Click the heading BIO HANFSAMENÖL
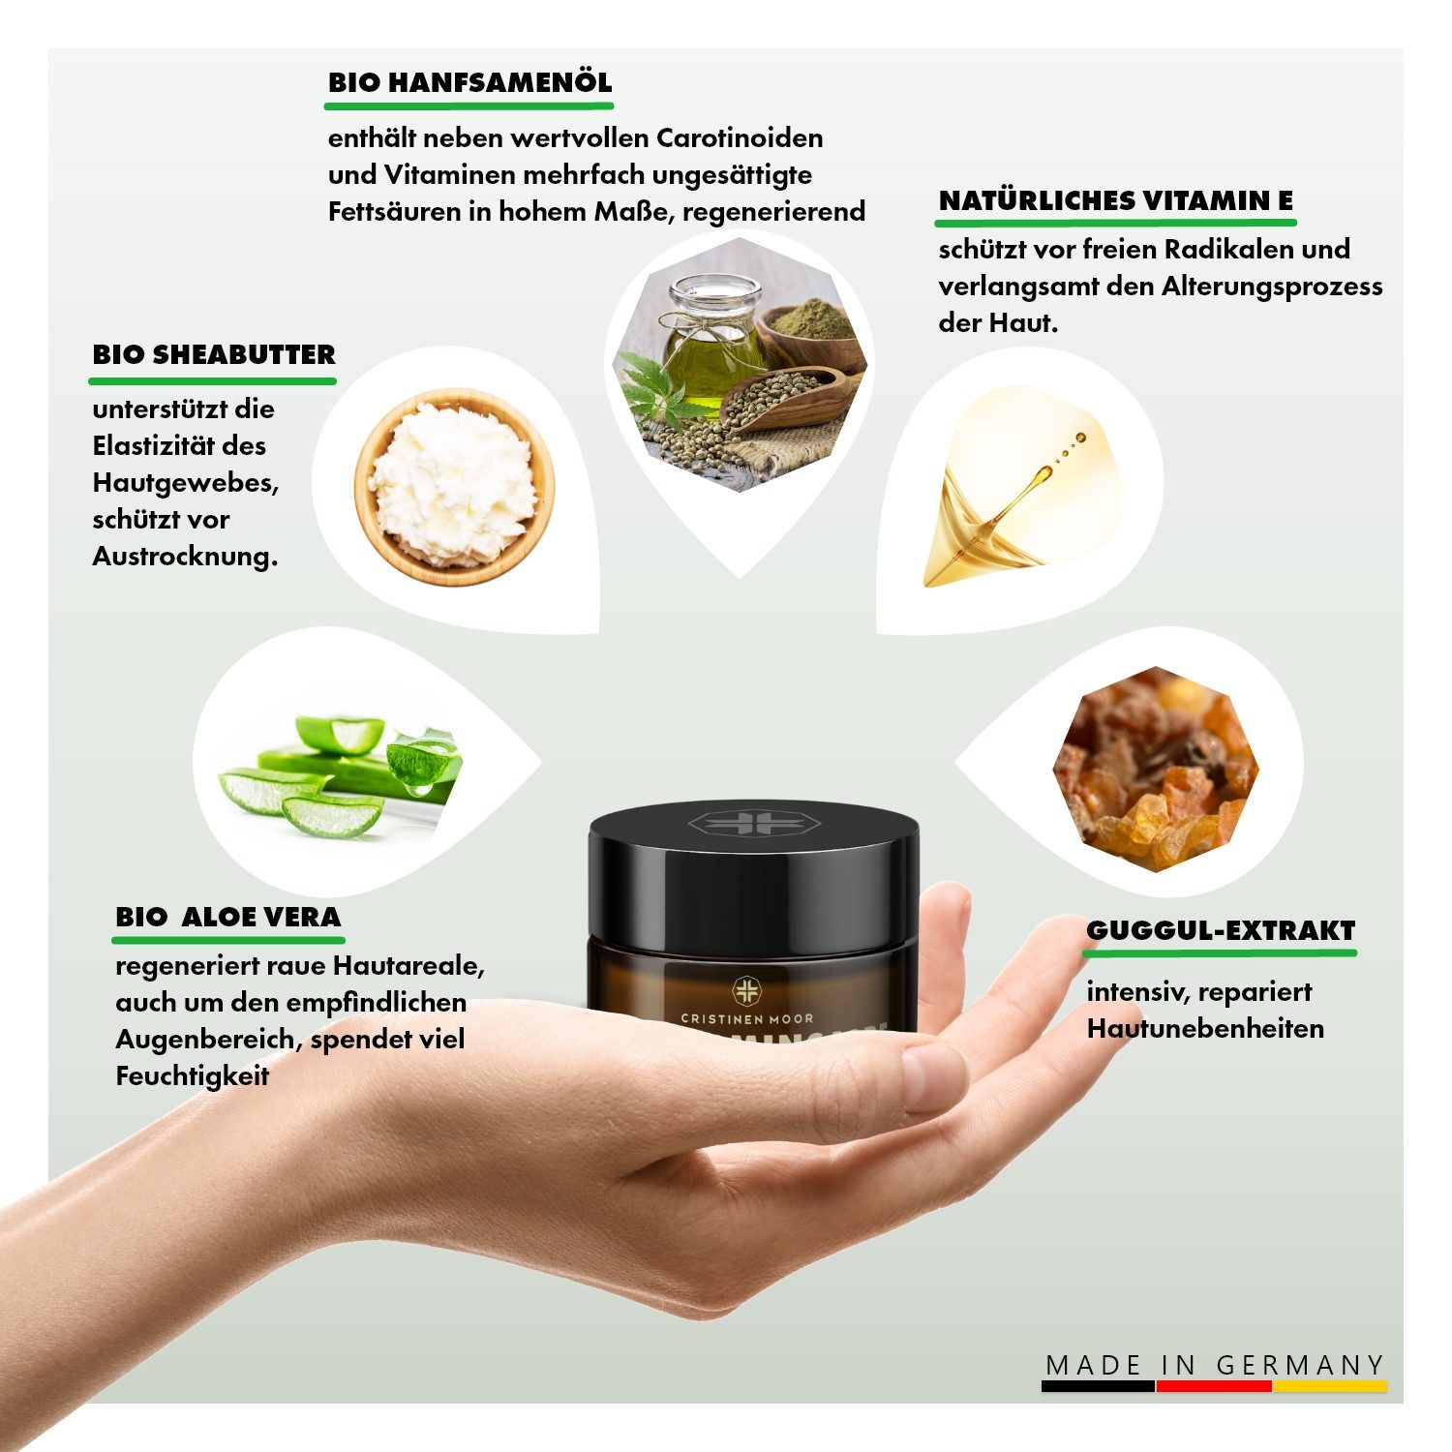click(469, 82)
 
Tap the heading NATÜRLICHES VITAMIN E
click(1115, 201)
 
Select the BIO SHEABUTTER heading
click(214, 354)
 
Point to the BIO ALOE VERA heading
click(228, 917)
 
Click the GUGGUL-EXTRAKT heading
click(1220, 930)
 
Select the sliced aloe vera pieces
click(339, 774)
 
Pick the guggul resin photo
click(1155, 769)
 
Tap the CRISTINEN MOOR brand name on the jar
click(746, 1018)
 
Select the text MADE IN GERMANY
click(1215, 1365)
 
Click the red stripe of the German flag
click(1214, 1386)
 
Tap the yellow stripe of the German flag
click(1329, 1386)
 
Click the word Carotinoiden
click(740, 138)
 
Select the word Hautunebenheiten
click(1205, 1029)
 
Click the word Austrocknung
click(185, 557)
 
